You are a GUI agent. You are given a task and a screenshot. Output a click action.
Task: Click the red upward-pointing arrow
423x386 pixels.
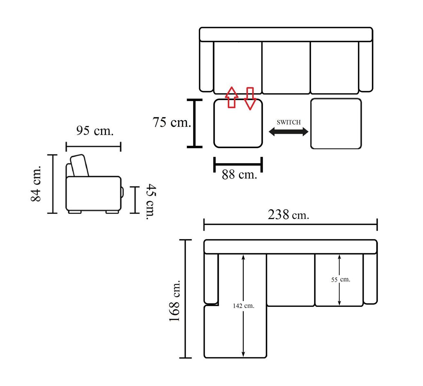(232, 97)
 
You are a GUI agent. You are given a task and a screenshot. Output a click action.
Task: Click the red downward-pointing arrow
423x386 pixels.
(250, 99)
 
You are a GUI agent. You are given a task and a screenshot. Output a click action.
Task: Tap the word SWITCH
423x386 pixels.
(289, 122)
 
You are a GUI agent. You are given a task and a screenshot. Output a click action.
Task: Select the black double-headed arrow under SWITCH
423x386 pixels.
(289, 132)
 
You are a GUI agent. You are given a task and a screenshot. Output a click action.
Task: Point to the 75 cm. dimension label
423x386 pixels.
(171, 122)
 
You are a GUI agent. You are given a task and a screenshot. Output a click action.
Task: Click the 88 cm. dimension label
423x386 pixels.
(239, 175)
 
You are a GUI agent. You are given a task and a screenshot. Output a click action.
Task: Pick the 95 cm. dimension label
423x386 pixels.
(95, 131)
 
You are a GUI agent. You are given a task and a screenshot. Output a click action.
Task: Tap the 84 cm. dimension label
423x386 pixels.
(35, 184)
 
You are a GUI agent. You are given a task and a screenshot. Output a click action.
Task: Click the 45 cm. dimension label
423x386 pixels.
(151, 202)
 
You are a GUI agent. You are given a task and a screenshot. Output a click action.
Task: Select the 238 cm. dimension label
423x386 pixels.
(288, 215)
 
